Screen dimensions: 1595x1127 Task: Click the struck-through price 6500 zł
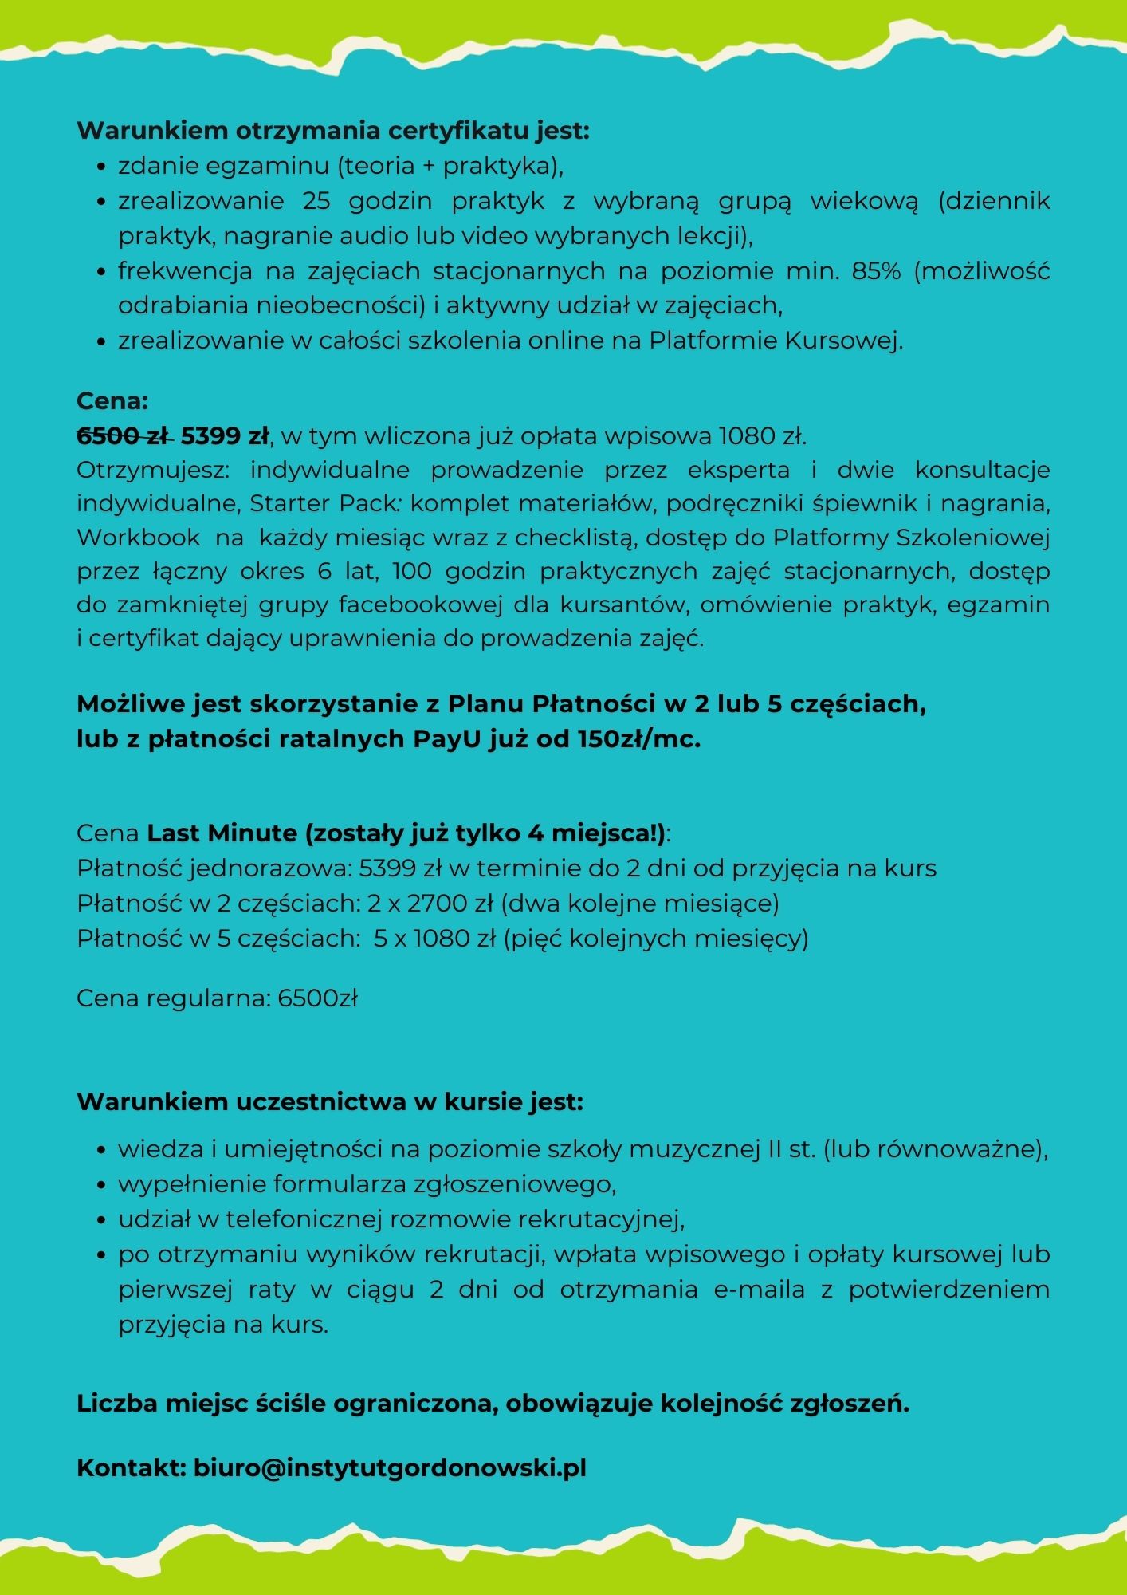point(124,436)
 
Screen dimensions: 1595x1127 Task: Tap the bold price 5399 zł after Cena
point(225,436)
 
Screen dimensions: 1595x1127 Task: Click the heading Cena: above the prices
point(112,400)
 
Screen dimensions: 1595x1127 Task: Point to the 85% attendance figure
point(876,271)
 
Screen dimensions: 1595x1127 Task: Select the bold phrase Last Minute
point(222,833)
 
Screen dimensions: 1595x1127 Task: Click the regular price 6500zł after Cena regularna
point(317,998)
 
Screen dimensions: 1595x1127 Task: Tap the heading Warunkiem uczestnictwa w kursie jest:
point(330,1102)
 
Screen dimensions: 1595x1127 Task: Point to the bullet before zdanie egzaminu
point(101,167)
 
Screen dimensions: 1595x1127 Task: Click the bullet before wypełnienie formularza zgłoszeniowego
point(101,1186)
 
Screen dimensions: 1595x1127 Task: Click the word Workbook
point(139,538)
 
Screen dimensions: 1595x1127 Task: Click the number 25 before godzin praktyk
point(316,201)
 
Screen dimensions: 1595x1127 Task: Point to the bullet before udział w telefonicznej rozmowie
point(101,1221)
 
